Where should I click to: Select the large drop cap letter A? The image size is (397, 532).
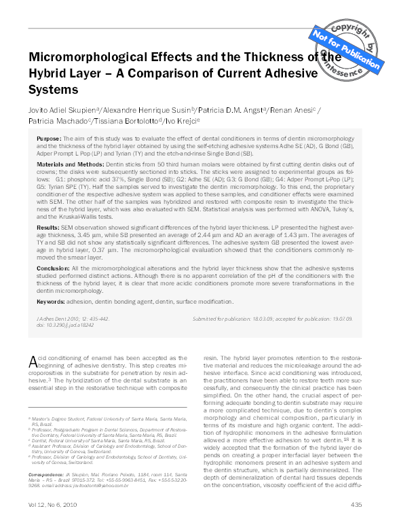click(33, 361)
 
